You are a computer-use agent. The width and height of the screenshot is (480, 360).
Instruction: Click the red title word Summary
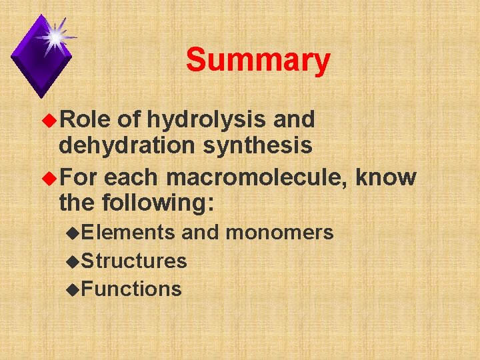(x=258, y=61)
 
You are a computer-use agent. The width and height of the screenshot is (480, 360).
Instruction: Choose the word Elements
(x=128, y=232)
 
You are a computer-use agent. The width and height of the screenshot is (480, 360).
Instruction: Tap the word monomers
(x=279, y=232)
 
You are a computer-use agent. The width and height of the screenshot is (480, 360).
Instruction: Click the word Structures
(x=134, y=261)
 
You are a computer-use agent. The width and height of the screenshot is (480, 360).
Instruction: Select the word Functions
(x=131, y=289)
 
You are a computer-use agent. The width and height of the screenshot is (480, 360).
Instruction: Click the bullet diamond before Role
(x=50, y=121)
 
